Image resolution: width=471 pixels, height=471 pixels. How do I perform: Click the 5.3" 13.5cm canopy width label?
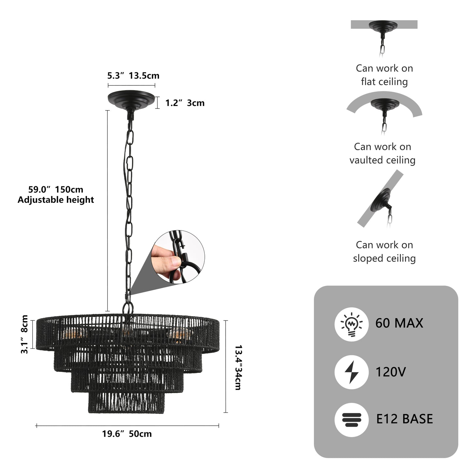point(133,76)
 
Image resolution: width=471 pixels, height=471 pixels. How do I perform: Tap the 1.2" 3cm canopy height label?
point(185,103)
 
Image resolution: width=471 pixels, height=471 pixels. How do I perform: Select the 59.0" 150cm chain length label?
point(55,189)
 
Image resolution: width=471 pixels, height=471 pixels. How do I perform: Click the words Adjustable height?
point(55,200)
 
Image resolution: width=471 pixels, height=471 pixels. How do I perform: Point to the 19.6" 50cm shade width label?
point(127,434)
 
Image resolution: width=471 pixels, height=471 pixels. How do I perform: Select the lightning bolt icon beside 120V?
point(351,372)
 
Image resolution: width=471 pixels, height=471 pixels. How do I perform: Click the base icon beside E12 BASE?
point(351,419)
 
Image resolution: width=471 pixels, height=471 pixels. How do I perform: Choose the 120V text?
point(390,372)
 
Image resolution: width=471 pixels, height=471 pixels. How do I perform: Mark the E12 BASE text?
point(405,419)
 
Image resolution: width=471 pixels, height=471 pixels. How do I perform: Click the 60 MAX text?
point(399,323)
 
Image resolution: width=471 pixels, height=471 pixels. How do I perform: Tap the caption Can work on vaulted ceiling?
point(383,153)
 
